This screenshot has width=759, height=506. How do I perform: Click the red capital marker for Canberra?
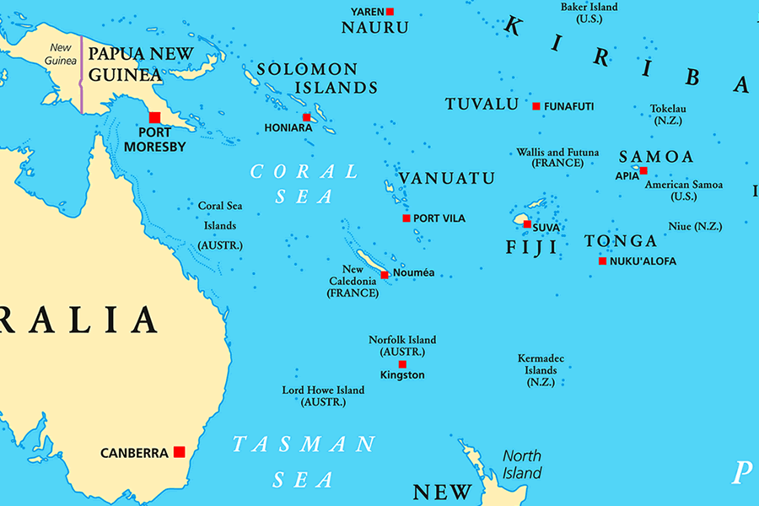coord(179,452)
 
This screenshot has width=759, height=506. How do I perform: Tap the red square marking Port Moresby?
coord(154,117)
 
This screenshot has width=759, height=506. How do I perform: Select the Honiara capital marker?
coord(307,117)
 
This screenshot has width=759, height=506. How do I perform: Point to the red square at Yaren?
coord(390,11)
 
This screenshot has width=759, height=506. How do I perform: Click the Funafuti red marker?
coord(536,106)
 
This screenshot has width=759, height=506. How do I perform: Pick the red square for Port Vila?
coord(406,218)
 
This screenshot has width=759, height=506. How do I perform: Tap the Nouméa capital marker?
coord(385,274)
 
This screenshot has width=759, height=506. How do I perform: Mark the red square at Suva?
coord(527,224)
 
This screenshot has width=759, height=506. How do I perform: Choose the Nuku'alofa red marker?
coord(602,261)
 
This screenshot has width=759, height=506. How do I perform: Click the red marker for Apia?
coord(643,170)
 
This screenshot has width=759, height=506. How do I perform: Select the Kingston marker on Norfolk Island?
coord(402,364)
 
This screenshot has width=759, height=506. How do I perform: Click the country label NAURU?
coord(374,28)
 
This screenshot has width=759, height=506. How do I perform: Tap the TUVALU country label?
coord(482,105)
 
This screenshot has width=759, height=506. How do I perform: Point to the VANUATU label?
coord(446,179)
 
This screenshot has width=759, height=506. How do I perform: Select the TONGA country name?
coord(621,241)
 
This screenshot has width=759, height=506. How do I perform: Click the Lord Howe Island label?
coord(323,390)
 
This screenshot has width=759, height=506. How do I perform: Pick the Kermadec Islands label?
coord(541,369)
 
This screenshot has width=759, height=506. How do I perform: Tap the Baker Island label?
coord(589,8)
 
